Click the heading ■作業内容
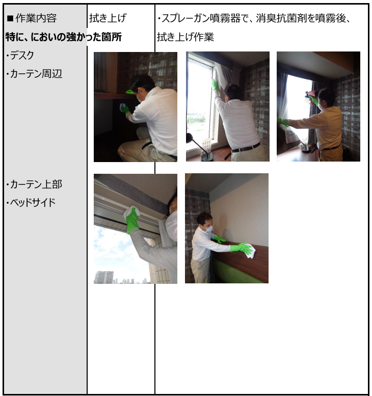coord(32,18)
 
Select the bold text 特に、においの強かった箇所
coord(64,37)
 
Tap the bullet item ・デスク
coord(20,56)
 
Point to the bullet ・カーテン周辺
coord(34,74)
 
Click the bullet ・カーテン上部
coord(34,184)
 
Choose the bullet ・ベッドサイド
coord(31,202)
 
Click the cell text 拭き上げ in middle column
coord(108,18)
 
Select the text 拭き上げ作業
coord(185,37)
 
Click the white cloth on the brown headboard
coord(250,250)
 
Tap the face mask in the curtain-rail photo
coord(172,226)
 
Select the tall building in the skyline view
coord(104,277)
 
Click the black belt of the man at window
coord(246,148)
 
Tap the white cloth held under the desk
coord(122,106)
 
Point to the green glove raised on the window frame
coord(215,85)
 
